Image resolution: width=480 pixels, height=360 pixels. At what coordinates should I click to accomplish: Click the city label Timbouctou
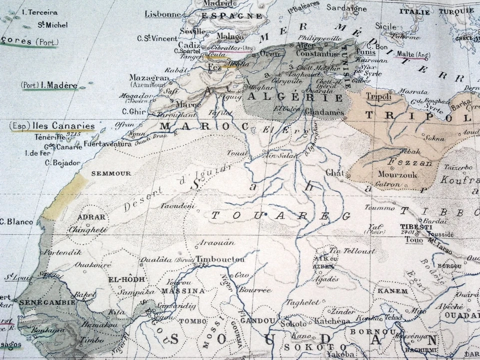(x=220, y=259)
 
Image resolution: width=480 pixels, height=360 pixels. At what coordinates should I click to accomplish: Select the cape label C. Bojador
(x=62, y=162)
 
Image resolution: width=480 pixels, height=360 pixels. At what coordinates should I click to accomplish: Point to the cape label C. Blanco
(x=16, y=221)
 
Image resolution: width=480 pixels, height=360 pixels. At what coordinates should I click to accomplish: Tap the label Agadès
(x=326, y=279)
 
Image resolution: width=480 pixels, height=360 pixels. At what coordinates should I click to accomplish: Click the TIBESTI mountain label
(x=415, y=226)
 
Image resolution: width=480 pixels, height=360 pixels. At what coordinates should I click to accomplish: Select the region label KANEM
(x=392, y=290)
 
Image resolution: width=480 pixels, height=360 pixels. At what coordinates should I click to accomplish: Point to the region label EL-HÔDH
(x=124, y=280)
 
